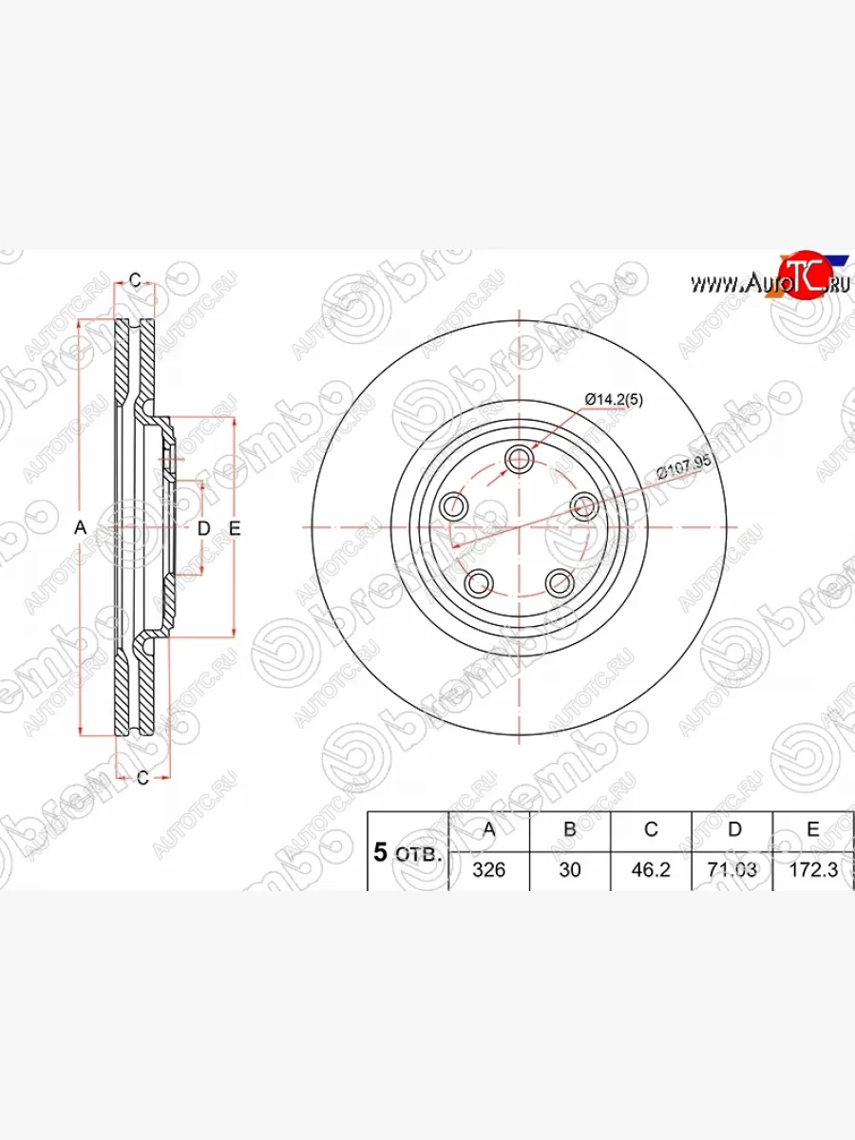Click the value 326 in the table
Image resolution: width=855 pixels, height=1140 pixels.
(488, 869)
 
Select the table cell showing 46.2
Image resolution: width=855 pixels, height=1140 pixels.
(651, 869)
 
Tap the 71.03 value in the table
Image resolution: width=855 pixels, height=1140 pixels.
(733, 869)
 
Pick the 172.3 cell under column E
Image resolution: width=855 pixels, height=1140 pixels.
(813, 869)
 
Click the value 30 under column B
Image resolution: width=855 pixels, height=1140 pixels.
(570, 869)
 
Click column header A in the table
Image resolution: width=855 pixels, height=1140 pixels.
(488, 829)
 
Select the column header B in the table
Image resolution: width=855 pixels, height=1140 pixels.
(570, 829)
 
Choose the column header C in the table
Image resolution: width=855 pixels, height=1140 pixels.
(651, 829)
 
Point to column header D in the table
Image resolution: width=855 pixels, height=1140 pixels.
(733, 829)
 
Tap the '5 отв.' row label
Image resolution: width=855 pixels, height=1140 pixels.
(408, 853)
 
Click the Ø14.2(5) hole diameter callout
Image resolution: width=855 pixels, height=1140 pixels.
(614, 400)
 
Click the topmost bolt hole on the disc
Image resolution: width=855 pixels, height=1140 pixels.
(519, 461)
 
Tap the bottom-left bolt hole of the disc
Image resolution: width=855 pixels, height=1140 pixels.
(480, 581)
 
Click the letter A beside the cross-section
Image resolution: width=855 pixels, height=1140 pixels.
(81, 528)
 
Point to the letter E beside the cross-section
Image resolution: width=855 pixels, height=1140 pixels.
(236, 528)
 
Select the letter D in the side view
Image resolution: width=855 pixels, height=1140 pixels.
(202, 528)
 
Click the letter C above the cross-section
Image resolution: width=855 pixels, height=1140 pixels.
(135, 279)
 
